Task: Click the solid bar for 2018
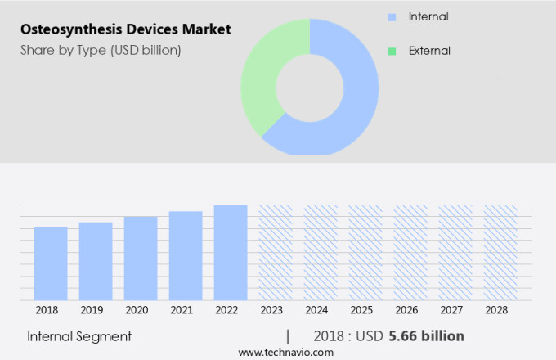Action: (x=51, y=263)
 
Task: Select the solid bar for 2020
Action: (x=141, y=258)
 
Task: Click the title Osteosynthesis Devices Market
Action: (x=126, y=29)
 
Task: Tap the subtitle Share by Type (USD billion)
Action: (x=101, y=51)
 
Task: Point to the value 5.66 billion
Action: (x=427, y=336)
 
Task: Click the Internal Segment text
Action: (x=79, y=336)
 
